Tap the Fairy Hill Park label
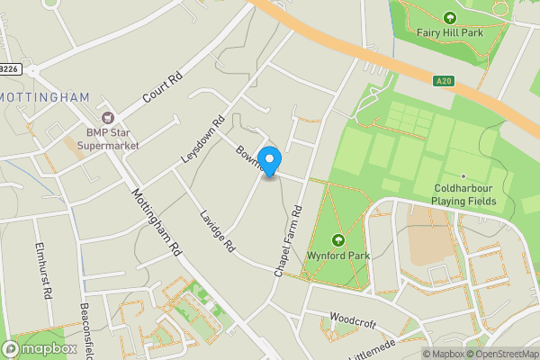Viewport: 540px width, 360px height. pyautogui.click(x=450, y=32)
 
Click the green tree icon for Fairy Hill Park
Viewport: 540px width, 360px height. pyautogui.click(x=450, y=17)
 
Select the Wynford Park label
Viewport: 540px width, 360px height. pyautogui.click(x=338, y=256)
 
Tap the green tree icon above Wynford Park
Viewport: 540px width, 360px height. pyautogui.click(x=338, y=240)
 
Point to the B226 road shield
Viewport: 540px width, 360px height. pyautogui.click(x=9, y=68)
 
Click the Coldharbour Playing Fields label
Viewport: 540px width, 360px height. pyautogui.click(x=463, y=194)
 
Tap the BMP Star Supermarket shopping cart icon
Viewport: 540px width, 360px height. pyautogui.click(x=109, y=117)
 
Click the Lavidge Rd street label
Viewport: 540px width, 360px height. pyautogui.click(x=217, y=231)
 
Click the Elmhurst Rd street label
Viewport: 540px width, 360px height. pyautogui.click(x=42, y=267)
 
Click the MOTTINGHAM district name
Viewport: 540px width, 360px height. pyautogui.click(x=44, y=96)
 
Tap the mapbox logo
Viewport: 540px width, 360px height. pyautogui.click(x=40, y=348)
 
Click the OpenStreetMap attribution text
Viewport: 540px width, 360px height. pyautogui.click(x=502, y=354)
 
